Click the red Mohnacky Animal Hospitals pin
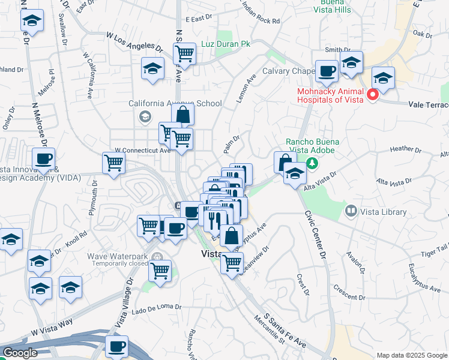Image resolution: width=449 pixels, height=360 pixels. pyautogui.click(x=373, y=94)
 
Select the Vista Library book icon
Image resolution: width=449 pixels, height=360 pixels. pyautogui.click(x=351, y=211)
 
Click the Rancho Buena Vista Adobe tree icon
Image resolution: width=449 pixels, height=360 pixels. pyautogui.click(x=312, y=163)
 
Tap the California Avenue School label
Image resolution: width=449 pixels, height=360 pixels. pyautogui.click(x=175, y=103)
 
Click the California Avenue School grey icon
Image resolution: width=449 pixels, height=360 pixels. pyautogui.click(x=145, y=116)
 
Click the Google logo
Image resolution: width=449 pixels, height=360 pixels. pyautogui.click(x=20, y=353)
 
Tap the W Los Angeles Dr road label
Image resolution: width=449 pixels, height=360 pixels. pyautogui.click(x=134, y=42)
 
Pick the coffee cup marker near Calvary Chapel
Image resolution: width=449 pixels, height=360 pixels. pyautogui.click(x=327, y=71)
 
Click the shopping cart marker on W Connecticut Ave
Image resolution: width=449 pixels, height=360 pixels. pyautogui.click(x=113, y=161)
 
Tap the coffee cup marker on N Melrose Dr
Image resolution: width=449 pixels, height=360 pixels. pyautogui.click(x=43, y=158)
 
